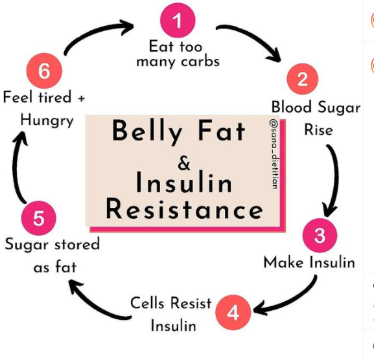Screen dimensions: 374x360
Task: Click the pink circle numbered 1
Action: point(178,20)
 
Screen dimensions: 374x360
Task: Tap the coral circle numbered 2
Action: point(303,79)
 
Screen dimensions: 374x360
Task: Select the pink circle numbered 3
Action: point(320,235)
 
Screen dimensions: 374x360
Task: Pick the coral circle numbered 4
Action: point(233,312)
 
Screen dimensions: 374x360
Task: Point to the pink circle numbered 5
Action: point(39,218)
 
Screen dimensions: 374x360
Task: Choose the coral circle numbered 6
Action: point(44,71)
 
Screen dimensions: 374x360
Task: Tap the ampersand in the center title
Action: point(184,163)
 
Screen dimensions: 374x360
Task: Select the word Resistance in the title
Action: point(184,209)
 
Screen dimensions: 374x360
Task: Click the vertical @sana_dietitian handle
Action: point(274,153)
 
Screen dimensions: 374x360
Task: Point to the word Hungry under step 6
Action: point(47,120)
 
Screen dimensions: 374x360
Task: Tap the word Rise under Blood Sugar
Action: point(318,130)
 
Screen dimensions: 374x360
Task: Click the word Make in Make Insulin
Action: point(284,262)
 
